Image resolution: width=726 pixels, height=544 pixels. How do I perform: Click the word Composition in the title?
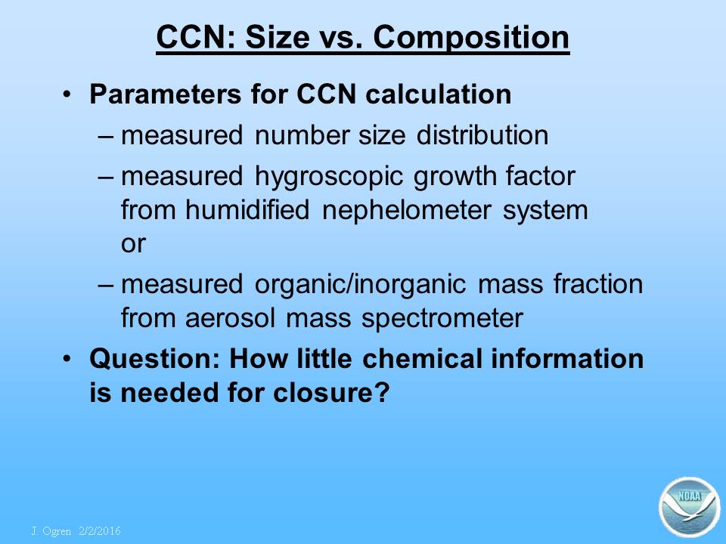tap(471, 38)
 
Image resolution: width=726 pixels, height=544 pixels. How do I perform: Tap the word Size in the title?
tap(278, 37)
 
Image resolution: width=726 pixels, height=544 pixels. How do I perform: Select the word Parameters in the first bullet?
tap(166, 94)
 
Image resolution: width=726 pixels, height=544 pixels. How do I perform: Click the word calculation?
tap(438, 94)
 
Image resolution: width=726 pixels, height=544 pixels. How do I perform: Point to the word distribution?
tap(482, 135)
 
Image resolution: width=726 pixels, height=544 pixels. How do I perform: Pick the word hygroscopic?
tap(329, 178)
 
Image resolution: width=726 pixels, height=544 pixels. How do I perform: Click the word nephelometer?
tap(407, 211)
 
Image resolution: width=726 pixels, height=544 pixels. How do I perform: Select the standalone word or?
tap(133, 244)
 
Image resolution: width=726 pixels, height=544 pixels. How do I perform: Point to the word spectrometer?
tap(442, 319)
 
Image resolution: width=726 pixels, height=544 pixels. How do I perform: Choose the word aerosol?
tap(230, 318)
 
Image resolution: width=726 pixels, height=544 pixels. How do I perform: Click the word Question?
tap(154, 359)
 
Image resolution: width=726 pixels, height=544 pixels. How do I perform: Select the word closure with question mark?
tap(331, 393)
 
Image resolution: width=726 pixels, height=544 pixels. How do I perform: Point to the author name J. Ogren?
tap(51, 531)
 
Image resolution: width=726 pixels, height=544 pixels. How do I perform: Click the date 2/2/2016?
tap(100, 531)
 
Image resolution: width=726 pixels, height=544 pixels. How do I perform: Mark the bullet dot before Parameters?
tap(67, 95)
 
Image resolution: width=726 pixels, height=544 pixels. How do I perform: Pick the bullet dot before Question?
tap(67, 359)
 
